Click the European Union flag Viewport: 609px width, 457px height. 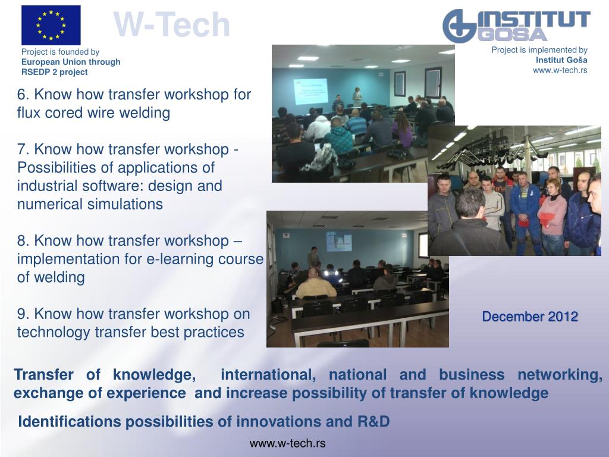tap(51, 25)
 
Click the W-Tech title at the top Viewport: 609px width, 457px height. tap(172, 25)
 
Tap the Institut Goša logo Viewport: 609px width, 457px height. tap(516, 26)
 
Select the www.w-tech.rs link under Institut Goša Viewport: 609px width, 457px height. tap(560, 70)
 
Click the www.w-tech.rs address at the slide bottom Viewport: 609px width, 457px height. tap(287, 443)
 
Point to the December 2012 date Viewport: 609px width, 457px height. tap(530, 317)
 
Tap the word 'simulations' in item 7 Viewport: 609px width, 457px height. tap(125, 204)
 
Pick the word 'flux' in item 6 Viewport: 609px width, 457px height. tap(29, 112)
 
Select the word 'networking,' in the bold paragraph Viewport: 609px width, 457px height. tap(560, 375)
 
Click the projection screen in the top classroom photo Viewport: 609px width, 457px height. tap(310, 91)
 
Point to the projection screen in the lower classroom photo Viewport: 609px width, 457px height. tap(338, 242)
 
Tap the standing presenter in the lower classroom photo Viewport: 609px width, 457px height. tap(313, 257)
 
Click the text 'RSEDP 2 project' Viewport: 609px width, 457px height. tap(54, 72)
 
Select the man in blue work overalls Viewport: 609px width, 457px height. tap(525, 210)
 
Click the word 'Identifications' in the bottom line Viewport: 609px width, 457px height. tap(70, 422)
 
